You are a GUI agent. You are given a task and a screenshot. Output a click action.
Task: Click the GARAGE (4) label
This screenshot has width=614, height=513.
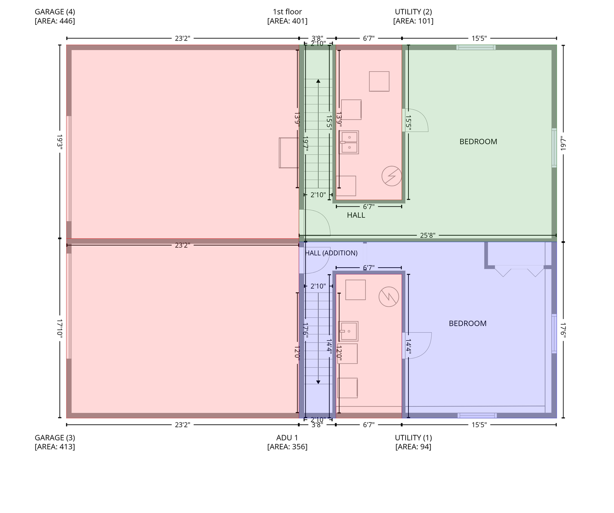(55, 12)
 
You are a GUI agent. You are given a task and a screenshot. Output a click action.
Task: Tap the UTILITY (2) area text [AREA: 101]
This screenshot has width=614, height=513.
(413, 21)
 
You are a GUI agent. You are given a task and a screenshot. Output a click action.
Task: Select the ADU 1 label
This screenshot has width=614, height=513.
(287, 438)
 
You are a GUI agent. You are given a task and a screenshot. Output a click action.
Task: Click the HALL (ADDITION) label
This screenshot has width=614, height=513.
(331, 253)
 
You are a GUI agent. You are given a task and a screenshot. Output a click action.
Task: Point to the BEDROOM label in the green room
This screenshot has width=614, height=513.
(478, 141)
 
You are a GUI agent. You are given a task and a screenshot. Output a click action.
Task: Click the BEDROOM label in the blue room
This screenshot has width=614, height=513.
(468, 323)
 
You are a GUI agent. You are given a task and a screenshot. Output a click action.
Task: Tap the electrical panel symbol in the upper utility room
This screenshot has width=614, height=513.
(392, 176)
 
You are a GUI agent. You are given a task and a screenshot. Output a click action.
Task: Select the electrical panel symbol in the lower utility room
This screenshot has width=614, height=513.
(389, 297)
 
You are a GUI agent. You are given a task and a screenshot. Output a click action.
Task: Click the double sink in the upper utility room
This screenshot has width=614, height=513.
(349, 142)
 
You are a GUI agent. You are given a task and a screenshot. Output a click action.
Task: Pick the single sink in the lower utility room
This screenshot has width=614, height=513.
(348, 331)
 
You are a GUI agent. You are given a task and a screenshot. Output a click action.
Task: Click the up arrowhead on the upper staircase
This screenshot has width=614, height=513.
(318, 81)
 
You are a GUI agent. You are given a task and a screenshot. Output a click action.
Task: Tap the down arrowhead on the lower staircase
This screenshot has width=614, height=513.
(318, 382)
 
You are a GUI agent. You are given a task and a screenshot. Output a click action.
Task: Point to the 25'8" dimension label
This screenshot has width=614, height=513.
(428, 235)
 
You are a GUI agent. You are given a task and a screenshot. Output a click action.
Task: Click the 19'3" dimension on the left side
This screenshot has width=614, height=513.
(60, 142)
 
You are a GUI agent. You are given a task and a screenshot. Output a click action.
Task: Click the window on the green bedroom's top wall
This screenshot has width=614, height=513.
(476, 47)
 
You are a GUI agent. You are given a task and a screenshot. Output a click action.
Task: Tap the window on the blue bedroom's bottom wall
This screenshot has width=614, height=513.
(477, 415)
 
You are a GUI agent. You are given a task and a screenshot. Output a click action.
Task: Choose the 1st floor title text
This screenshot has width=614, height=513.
(287, 12)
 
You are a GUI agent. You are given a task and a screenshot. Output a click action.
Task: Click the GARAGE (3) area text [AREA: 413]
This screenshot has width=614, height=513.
(55, 447)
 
